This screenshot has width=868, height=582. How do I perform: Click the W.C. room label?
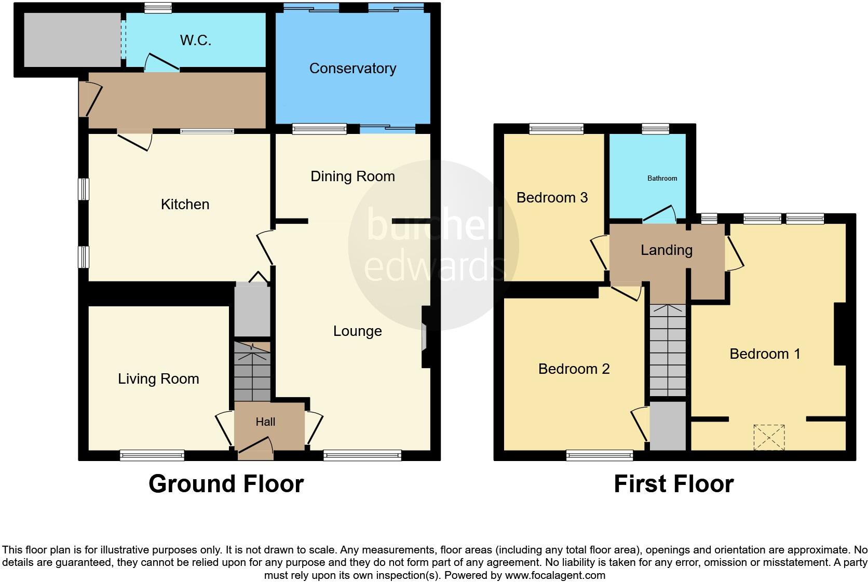pos(195,40)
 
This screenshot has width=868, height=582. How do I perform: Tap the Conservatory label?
pos(352,69)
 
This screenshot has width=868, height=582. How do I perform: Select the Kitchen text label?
pos(185,205)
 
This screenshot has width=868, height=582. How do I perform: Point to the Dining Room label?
pos(352,177)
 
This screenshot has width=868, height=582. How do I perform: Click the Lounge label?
pos(357,331)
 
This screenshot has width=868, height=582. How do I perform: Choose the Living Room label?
pos(158,379)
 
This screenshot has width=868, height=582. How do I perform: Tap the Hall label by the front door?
pos(265,422)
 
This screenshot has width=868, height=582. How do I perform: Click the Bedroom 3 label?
pos(552,198)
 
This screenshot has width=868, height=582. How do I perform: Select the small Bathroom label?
pos(662,179)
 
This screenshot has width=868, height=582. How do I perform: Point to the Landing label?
pos(666,250)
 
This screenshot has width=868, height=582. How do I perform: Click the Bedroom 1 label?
pos(765,354)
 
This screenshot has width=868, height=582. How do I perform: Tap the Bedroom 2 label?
pos(574,369)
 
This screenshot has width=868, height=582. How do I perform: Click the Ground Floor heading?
pos(226,484)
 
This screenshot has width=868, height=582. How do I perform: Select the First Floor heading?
pos(673,484)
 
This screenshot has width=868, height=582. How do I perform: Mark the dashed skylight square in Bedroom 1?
pos(769,437)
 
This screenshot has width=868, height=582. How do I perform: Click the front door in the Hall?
pos(255,448)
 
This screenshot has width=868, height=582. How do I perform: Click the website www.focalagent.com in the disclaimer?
pos(555,575)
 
